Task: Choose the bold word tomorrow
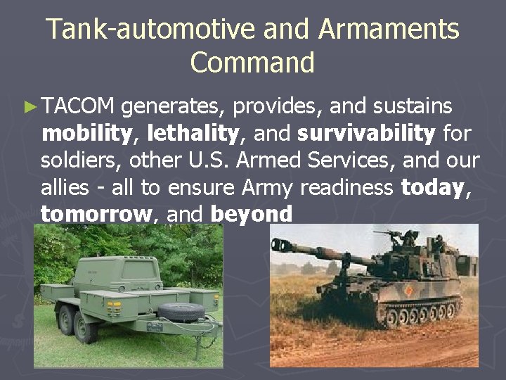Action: click(x=96, y=213)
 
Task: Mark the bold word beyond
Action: click(x=251, y=213)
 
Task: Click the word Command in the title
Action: click(x=252, y=63)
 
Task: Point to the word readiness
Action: click(x=347, y=186)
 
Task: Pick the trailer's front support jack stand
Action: click(x=209, y=341)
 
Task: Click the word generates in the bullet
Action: click(x=169, y=106)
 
